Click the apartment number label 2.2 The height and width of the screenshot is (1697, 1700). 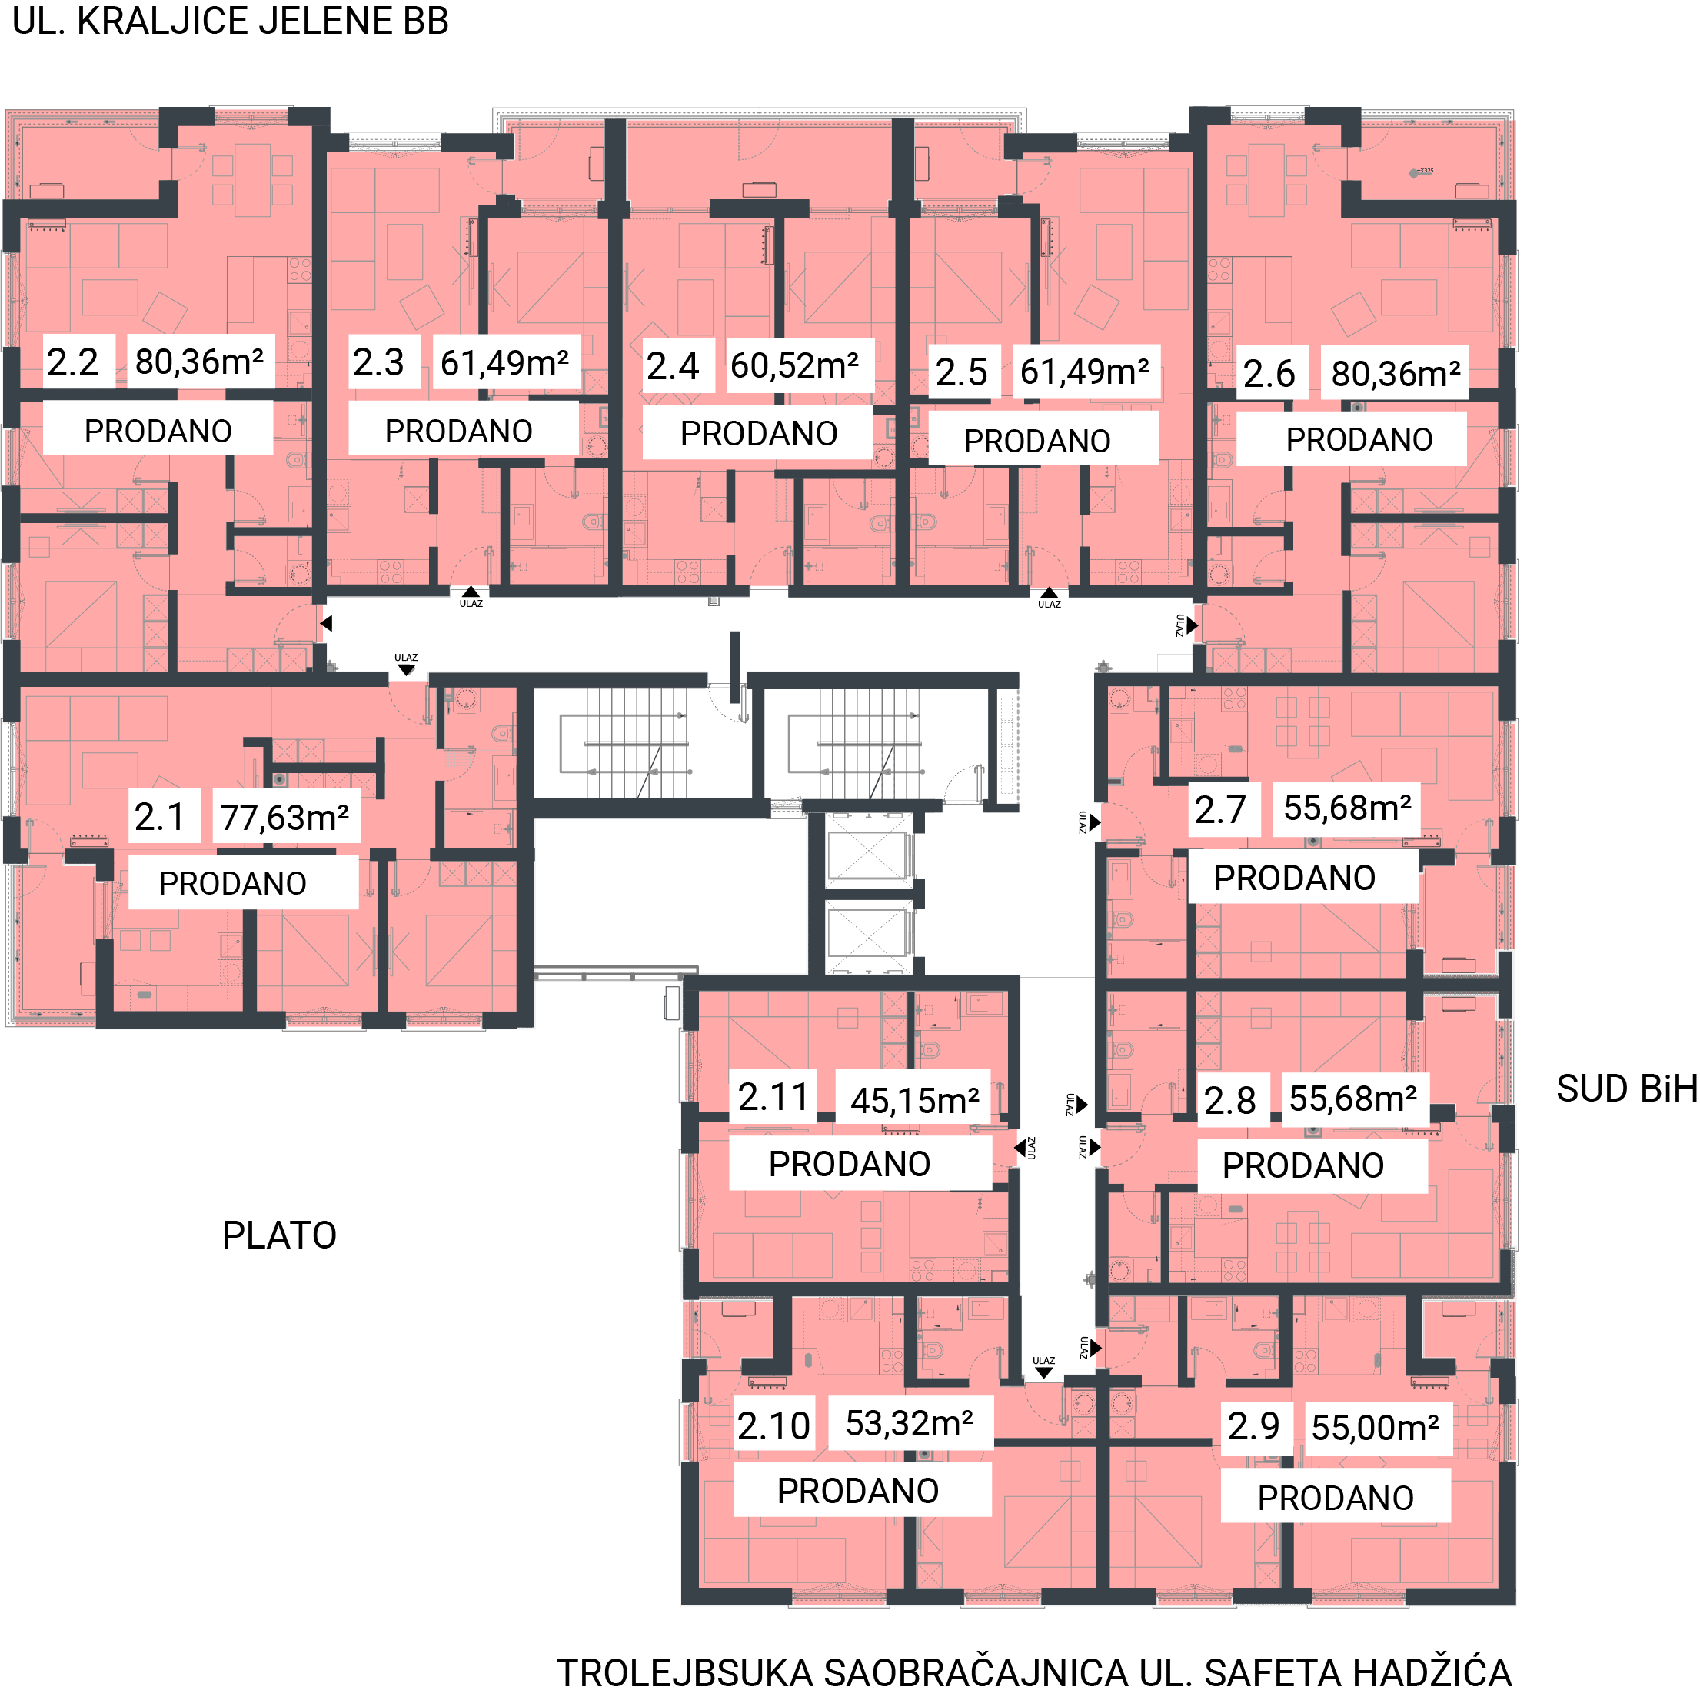pos(72,362)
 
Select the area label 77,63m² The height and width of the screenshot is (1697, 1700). pos(284,818)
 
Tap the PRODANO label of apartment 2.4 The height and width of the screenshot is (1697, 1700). pos(758,433)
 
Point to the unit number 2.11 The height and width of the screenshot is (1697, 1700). pos(773,1097)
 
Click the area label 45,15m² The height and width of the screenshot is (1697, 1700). pos(914,1100)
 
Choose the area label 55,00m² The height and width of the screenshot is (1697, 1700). pos(1376,1427)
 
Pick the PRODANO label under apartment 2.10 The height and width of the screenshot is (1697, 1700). pos(858,1490)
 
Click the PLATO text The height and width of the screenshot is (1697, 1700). pos(279,1235)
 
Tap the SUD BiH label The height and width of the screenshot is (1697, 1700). pos(1627,1089)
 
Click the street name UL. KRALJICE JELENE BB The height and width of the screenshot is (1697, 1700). pos(231,21)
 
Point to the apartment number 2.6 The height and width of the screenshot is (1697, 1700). pos(1269,374)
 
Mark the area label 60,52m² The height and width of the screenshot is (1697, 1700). pos(794,365)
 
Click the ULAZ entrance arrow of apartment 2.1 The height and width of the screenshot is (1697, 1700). pos(406,670)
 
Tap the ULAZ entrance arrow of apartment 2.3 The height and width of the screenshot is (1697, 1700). pos(471,592)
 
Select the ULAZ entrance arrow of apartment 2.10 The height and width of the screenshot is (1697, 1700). pos(1043,1372)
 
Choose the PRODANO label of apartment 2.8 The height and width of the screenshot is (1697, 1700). pos(1303,1165)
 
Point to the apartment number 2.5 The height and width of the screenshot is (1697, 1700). pos(961,372)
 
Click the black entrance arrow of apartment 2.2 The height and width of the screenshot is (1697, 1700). pos(325,623)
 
